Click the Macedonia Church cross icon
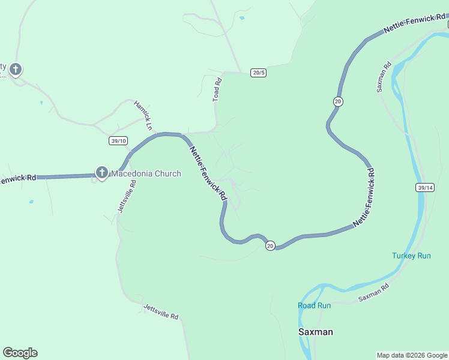tap(101, 173)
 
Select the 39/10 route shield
tap(118, 141)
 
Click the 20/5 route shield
tap(259, 73)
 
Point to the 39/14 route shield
tap(424, 188)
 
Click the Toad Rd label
tap(217, 91)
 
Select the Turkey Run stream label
tap(411, 256)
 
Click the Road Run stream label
tap(314, 305)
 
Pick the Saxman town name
tap(316, 332)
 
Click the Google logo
tap(20, 353)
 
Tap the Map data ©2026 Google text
tap(411, 355)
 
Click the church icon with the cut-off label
tap(16, 70)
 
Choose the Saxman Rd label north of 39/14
tap(384, 76)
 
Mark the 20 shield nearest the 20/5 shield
tap(338, 102)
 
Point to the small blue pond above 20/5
tap(241, 19)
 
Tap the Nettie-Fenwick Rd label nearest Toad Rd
tap(208, 173)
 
